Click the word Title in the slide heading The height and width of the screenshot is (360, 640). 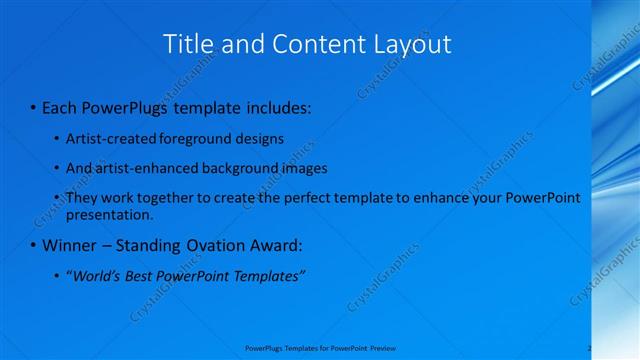tap(188, 44)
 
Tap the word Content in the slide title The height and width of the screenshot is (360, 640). tap(308, 44)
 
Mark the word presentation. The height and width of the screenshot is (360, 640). tap(109, 214)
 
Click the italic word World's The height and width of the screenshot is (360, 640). tap(96, 276)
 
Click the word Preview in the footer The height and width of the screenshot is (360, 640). tap(383, 348)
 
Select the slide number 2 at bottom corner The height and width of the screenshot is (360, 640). tap(590, 348)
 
